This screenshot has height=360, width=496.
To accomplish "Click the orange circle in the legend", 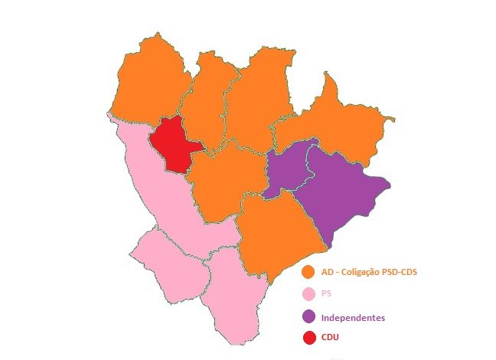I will [x=309, y=273].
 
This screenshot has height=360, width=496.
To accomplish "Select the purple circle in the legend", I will [x=309, y=316].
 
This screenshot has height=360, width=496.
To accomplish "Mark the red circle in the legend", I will [x=309, y=338].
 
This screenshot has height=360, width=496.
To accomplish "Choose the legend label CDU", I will [x=331, y=338].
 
